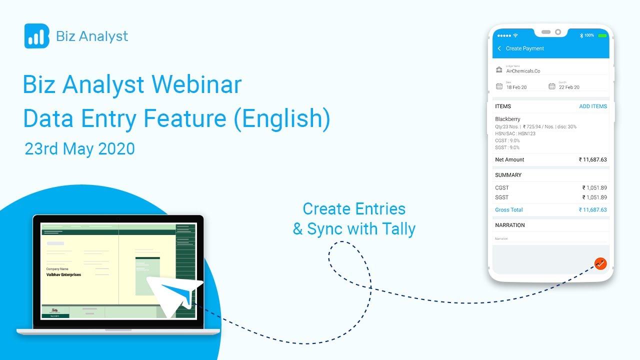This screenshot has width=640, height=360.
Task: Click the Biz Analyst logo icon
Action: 36,36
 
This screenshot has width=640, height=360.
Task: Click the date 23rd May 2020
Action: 79,148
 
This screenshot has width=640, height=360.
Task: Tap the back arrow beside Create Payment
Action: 499,48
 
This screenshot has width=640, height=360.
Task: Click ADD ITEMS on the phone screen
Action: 592,106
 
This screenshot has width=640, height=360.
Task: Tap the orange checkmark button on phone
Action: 600,263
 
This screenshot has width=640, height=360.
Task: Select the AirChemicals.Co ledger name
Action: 523,71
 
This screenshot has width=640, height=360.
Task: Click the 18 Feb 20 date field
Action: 516,87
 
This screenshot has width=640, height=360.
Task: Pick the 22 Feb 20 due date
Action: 569,87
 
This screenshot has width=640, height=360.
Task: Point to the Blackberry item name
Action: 507,119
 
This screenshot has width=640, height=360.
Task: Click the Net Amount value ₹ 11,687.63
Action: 592,159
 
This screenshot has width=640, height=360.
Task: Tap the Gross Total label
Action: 509,210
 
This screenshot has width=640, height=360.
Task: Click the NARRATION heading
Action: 509,225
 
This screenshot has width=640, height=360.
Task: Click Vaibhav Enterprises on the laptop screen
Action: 63,274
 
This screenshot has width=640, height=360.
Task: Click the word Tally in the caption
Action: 398,229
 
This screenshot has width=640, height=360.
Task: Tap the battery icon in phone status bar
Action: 602,35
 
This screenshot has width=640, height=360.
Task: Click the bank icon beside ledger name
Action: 499,69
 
